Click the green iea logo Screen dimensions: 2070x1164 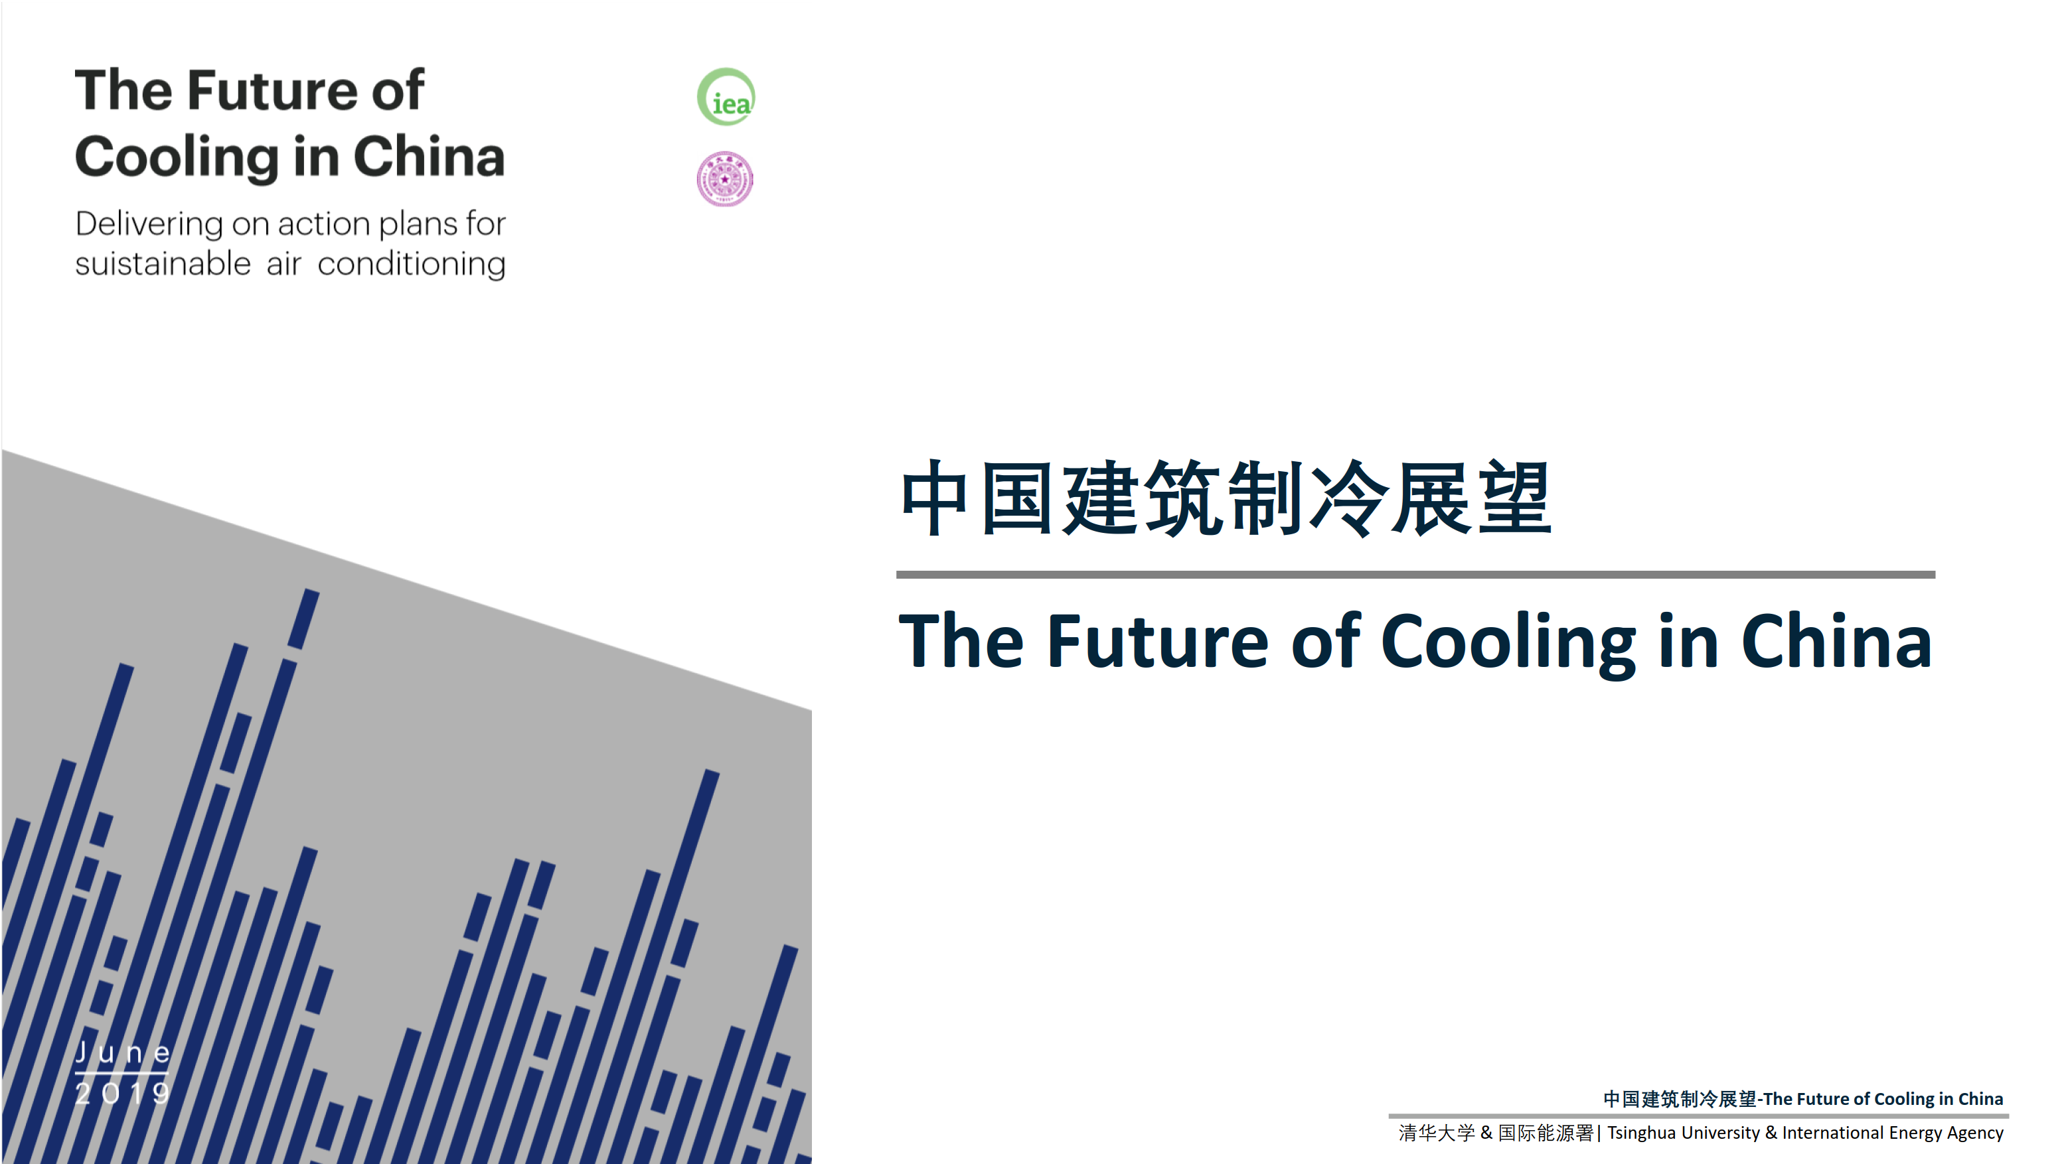point(726,97)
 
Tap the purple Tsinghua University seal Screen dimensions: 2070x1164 point(725,179)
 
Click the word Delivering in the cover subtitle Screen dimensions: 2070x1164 point(149,224)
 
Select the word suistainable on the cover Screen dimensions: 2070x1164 point(163,263)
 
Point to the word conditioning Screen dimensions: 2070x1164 point(412,264)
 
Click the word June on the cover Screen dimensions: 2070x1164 point(123,1053)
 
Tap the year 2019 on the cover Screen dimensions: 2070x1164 point(123,1092)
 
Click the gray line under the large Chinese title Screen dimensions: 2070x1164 point(1415,575)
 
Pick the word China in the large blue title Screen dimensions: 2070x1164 point(1836,641)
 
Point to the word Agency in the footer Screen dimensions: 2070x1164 point(1975,1133)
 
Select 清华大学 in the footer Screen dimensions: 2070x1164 point(1437,1133)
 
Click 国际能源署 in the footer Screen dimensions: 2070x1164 point(1546,1133)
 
